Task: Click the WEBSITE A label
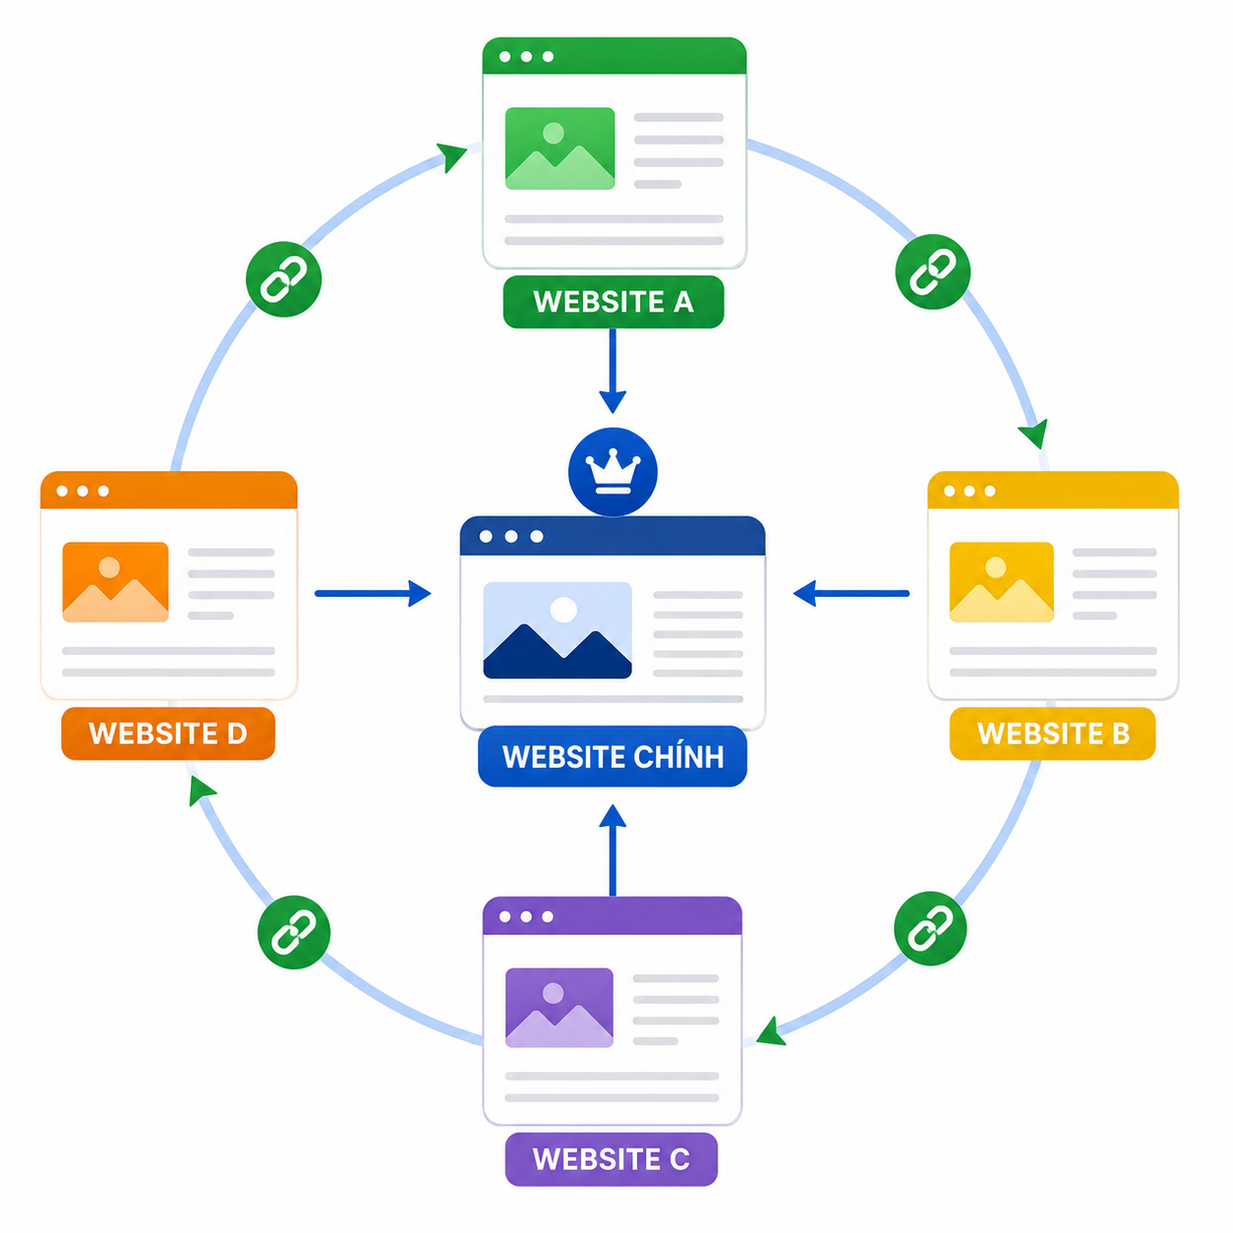point(613,302)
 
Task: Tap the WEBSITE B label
point(1052,734)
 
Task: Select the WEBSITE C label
point(611,1159)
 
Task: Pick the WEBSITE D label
point(167,734)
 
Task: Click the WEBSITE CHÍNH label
point(613,756)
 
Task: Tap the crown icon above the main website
point(613,472)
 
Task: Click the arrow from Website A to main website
point(613,371)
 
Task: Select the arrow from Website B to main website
point(851,593)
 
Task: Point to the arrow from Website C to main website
point(613,850)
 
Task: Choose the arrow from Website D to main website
point(373,593)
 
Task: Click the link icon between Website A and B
point(932,272)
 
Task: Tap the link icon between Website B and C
point(930,928)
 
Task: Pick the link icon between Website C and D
point(294,932)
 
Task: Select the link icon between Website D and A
point(283,279)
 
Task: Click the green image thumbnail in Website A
point(559,148)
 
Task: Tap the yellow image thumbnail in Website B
point(1001,582)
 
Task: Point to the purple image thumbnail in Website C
point(559,1008)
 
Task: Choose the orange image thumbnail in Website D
point(115,582)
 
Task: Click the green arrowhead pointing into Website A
point(451,156)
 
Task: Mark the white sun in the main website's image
point(563,610)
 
